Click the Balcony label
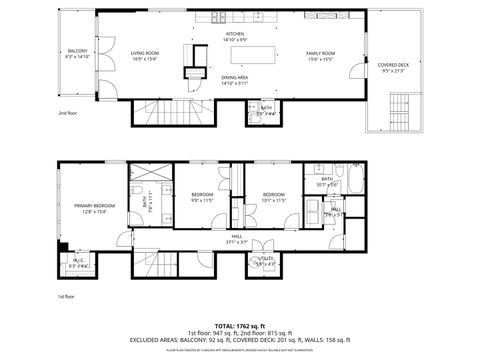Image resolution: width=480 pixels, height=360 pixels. click(78, 54)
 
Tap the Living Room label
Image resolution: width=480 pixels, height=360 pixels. click(145, 54)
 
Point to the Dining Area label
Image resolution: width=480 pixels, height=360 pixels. click(235, 80)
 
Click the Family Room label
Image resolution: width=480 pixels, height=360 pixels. click(320, 54)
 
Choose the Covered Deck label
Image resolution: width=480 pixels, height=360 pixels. click(392, 67)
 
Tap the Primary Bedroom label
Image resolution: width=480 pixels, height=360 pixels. click(90, 208)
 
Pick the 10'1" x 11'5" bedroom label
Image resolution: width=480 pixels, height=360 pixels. click(274, 197)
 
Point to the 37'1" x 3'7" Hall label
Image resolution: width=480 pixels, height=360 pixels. click(237, 239)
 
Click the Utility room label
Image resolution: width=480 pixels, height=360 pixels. click(266, 261)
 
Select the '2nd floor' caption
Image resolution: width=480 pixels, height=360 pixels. click(68, 114)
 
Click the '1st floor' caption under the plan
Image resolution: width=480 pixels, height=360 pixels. click(67, 297)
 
